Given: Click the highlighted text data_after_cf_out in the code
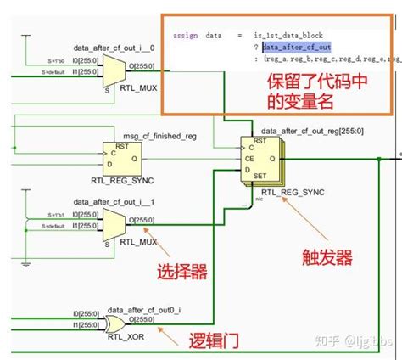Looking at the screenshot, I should point(296,47).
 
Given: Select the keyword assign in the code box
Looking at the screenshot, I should point(185,35).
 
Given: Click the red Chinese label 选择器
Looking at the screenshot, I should point(181,273).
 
